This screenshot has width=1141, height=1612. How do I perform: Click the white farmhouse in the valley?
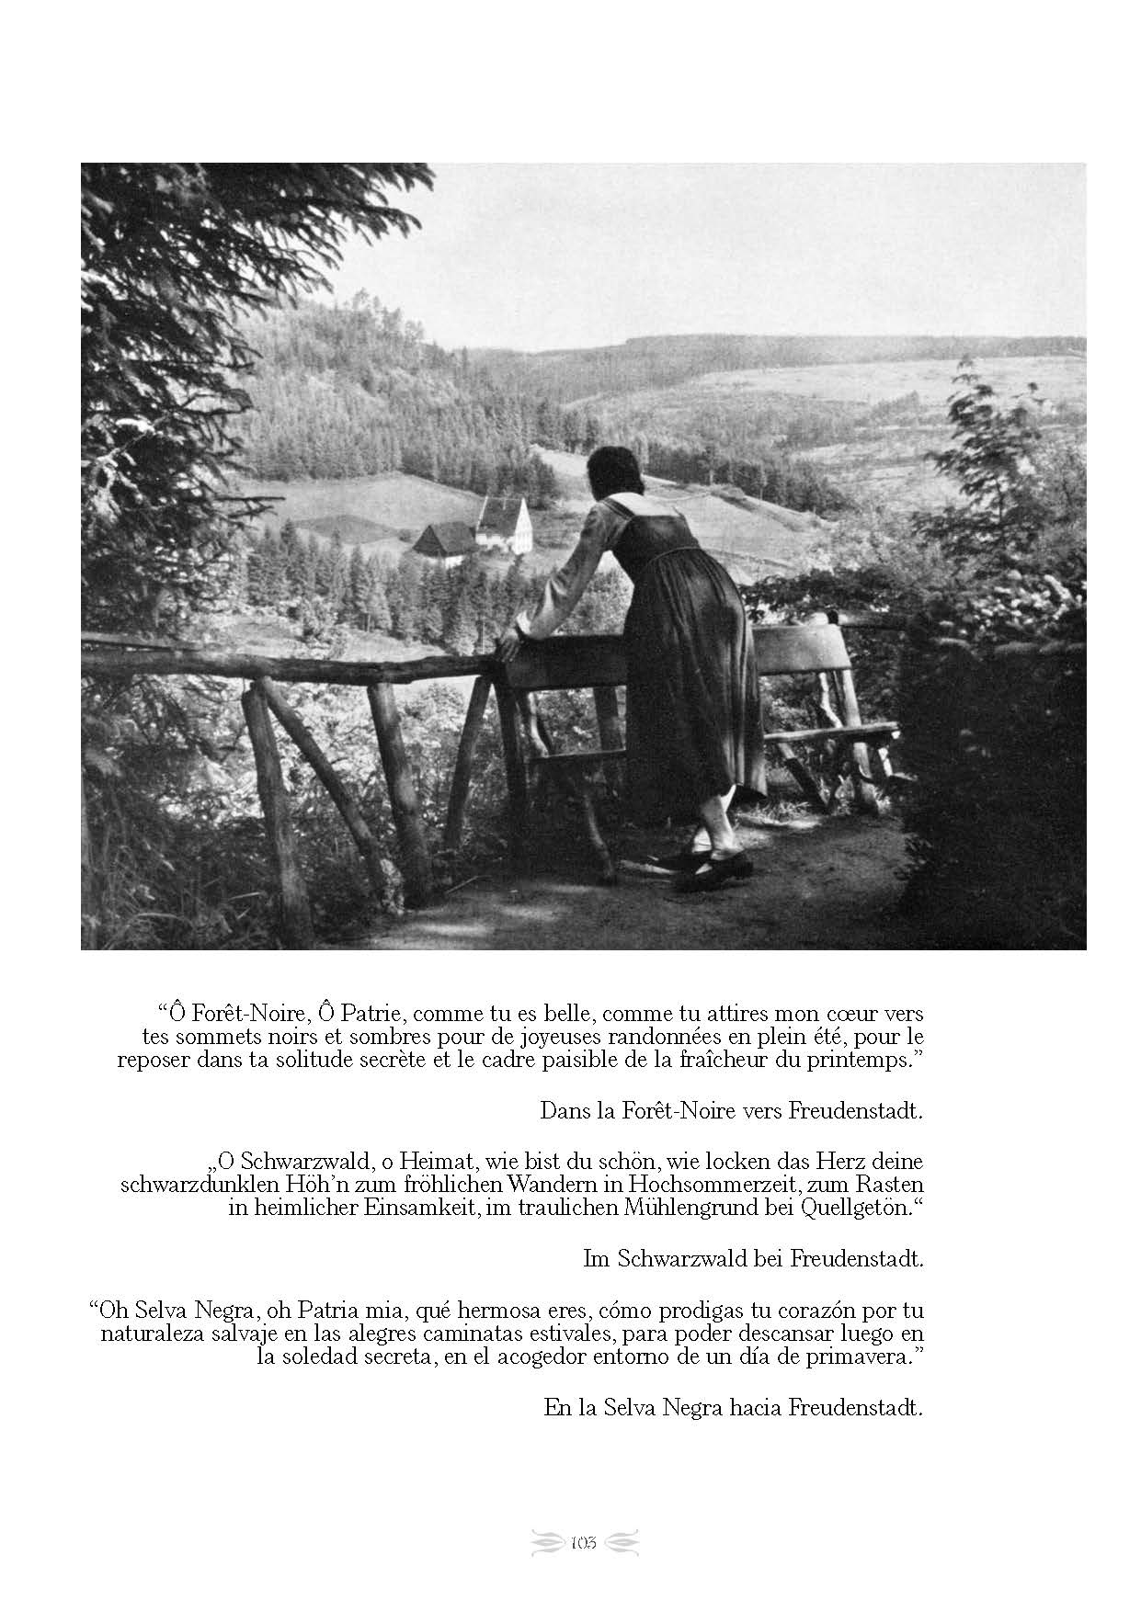(x=504, y=525)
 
